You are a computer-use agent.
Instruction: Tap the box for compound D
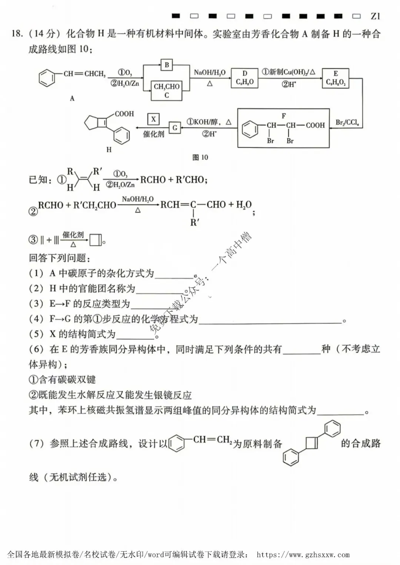[x=244, y=78]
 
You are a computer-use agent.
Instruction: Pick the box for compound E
[x=336, y=78]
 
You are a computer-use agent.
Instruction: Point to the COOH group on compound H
[x=124, y=114]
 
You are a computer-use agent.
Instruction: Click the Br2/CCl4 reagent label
[x=347, y=123]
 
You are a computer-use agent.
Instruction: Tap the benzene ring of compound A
[x=47, y=78]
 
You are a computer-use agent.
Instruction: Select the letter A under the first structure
[x=72, y=98]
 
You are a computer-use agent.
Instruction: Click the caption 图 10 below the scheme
[x=200, y=157]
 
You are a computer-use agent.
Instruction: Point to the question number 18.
[x=17, y=34]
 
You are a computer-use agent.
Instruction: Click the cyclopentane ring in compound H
[x=93, y=123]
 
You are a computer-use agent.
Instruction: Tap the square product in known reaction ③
[x=96, y=240]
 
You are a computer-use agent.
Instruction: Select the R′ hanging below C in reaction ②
[x=194, y=223]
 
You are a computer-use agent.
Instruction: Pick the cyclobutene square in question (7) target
[x=312, y=443]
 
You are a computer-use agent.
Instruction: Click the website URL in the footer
[x=303, y=554]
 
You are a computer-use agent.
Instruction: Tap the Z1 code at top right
[x=375, y=16]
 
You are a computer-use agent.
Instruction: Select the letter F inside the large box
[x=284, y=116]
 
